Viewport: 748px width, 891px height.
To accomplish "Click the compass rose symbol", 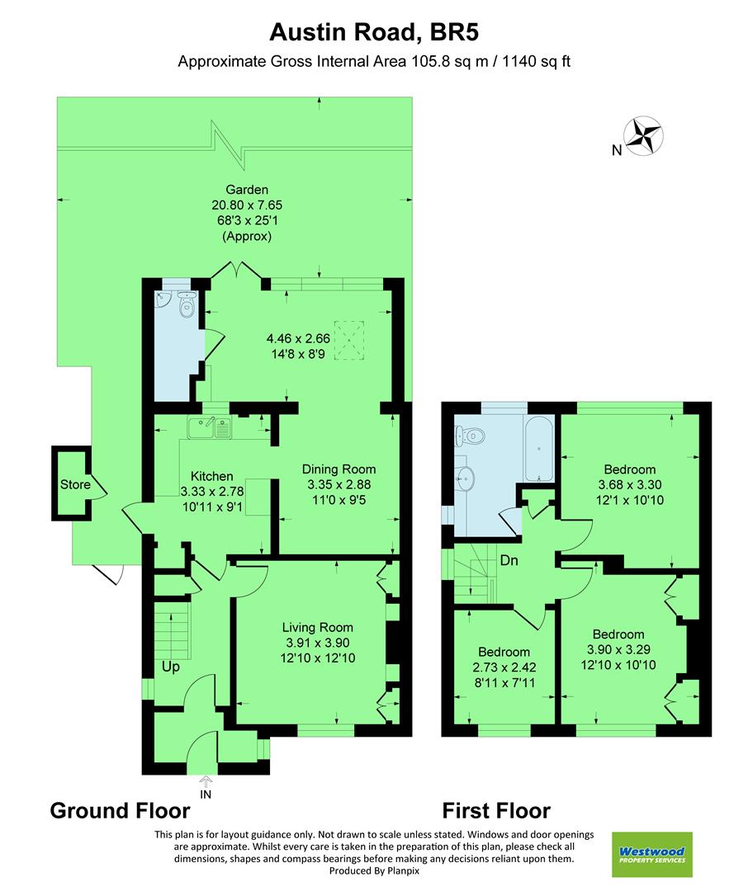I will tap(645, 137).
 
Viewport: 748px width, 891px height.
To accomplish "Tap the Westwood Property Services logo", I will tap(651, 854).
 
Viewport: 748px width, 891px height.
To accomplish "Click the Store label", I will tap(75, 484).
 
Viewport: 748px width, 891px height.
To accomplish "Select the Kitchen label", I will tap(211, 476).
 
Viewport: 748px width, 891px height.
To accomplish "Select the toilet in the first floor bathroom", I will tap(471, 434).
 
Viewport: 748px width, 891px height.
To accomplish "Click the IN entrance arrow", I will tap(205, 784).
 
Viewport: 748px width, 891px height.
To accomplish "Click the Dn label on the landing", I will tap(509, 561).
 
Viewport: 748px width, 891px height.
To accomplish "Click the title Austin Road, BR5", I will tap(375, 32).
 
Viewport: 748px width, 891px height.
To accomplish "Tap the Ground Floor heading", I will tap(120, 810).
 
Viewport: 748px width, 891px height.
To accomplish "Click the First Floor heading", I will tap(496, 810).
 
